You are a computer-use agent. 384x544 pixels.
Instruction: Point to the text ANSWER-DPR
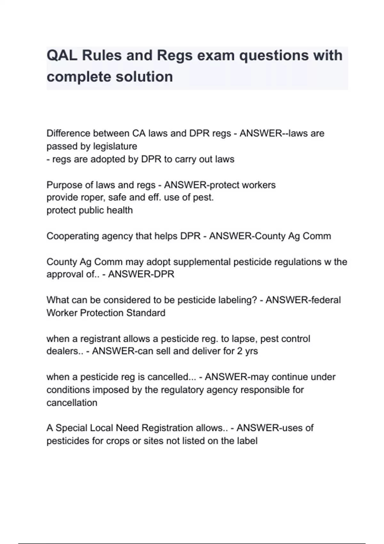(x=141, y=275)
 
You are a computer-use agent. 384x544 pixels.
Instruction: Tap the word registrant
(x=100, y=339)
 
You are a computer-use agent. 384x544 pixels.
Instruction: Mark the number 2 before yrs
(x=240, y=351)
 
